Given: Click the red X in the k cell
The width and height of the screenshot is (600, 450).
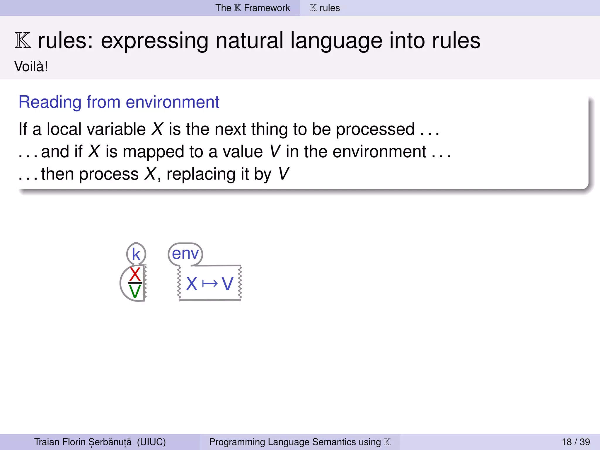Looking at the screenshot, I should click(x=135, y=274).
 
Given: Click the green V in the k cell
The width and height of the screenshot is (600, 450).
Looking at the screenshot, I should click(x=135, y=292).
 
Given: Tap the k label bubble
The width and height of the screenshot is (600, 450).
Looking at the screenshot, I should click(x=136, y=254).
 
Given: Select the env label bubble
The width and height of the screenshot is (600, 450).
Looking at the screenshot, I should click(x=185, y=253).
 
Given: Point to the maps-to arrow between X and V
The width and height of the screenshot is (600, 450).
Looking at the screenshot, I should click(x=210, y=284).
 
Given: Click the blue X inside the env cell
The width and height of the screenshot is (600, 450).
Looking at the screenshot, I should click(x=192, y=284).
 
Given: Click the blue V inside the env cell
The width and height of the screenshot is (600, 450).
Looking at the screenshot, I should click(x=227, y=284).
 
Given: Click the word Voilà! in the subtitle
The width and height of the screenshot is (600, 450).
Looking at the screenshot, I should click(x=31, y=67).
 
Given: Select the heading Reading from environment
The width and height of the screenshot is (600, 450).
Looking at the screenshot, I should click(x=119, y=102).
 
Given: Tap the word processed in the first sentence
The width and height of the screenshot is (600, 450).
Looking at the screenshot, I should click(x=375, y=129).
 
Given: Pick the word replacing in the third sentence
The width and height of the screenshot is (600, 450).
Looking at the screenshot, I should click(x=201, y=174).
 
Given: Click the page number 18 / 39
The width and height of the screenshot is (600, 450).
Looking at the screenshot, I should click(x=576, y=442).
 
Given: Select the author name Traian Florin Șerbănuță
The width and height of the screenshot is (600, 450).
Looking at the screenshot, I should click(x=83, y=442).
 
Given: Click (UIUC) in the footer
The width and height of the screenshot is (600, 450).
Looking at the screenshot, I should click(x=151, y=442).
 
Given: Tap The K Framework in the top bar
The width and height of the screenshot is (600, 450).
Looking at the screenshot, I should click(x=253, y=8).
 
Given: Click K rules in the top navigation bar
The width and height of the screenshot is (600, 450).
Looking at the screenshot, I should click(x=325, y=8).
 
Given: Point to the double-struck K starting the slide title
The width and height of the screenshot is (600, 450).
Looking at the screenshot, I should click(x=23, y=41).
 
